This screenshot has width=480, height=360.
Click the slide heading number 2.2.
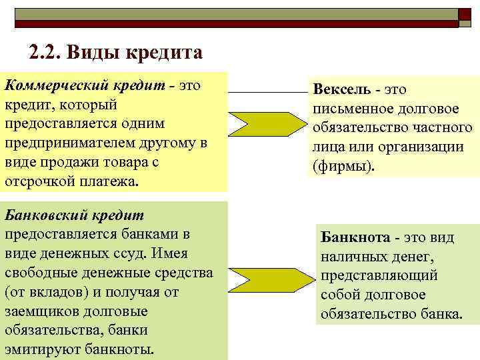click(44, 51)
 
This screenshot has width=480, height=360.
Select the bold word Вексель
click(341, 89)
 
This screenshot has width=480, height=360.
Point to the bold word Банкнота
click(355, 237)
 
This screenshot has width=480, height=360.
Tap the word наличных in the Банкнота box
click(354, 256)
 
